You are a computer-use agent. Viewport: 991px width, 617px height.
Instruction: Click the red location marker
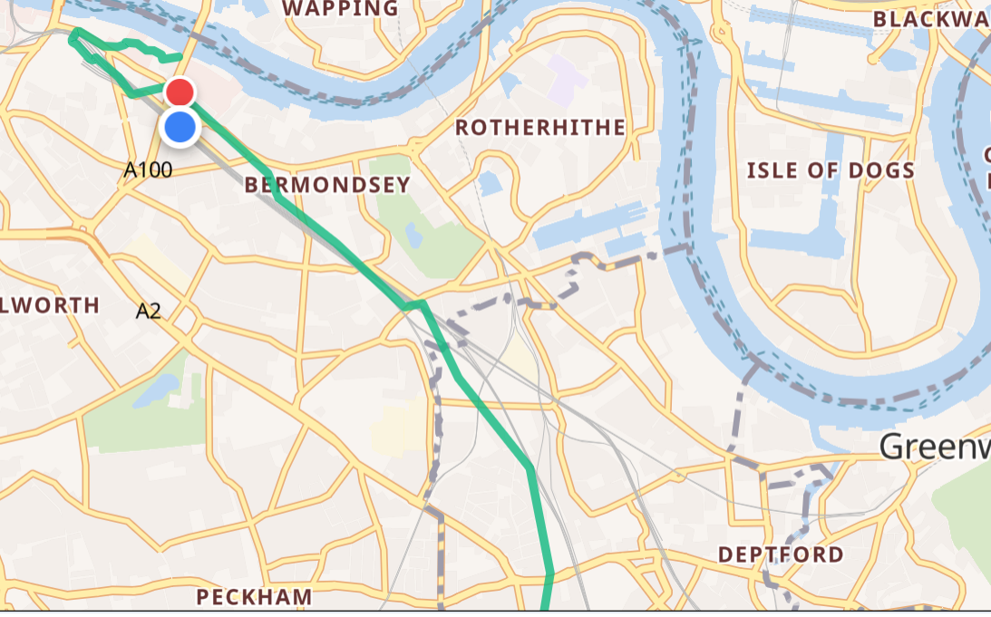[x=180, y=92]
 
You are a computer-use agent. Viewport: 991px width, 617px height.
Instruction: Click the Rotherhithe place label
[x=540, y=128]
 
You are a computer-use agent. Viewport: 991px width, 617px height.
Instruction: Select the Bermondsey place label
[x=327, y=185]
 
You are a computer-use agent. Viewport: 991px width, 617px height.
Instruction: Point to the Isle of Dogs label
[x=830, y=170]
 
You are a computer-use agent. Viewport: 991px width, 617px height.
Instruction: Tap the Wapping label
[x=340, y=9]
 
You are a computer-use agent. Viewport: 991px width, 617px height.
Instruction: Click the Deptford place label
[x=781, y=554]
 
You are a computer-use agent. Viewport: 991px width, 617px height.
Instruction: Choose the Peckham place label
[x=255, y=597]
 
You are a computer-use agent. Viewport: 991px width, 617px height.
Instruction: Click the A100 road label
[x=148, y=169]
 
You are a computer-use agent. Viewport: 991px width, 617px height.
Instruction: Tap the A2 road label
[x=149, y=312]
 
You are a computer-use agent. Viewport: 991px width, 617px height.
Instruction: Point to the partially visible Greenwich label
[x=934, y=447]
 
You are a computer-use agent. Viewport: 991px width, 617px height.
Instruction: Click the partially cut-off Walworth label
[x=50, y=305]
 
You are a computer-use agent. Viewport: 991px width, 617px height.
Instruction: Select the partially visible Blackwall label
[x=930, y=19]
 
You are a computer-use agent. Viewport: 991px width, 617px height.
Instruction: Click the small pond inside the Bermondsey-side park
[x=414, y=236]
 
